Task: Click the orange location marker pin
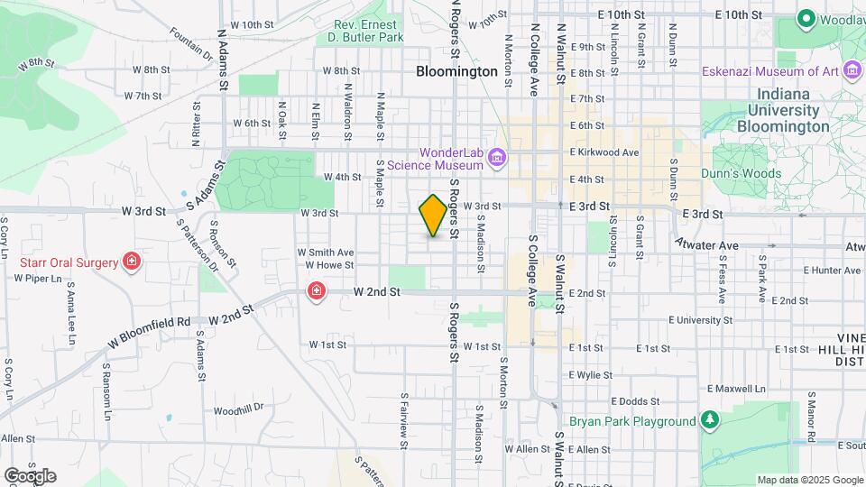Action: [x=433, y=216]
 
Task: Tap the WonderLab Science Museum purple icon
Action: [x=497, y=160]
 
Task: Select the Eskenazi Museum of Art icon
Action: [x=851, y=70]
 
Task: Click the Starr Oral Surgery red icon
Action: [x=133, y=262]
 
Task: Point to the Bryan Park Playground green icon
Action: [x=710, y=421]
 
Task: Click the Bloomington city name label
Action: [x=456, y=71]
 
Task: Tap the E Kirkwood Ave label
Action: [x=604, y=152]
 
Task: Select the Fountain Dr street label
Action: [x=190, y=42]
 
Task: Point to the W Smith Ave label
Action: [x=325, y=253]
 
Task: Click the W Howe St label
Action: [x=328, y=265]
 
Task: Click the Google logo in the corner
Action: [x=30, y=476]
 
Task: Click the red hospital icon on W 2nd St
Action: [x=317, y=290]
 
